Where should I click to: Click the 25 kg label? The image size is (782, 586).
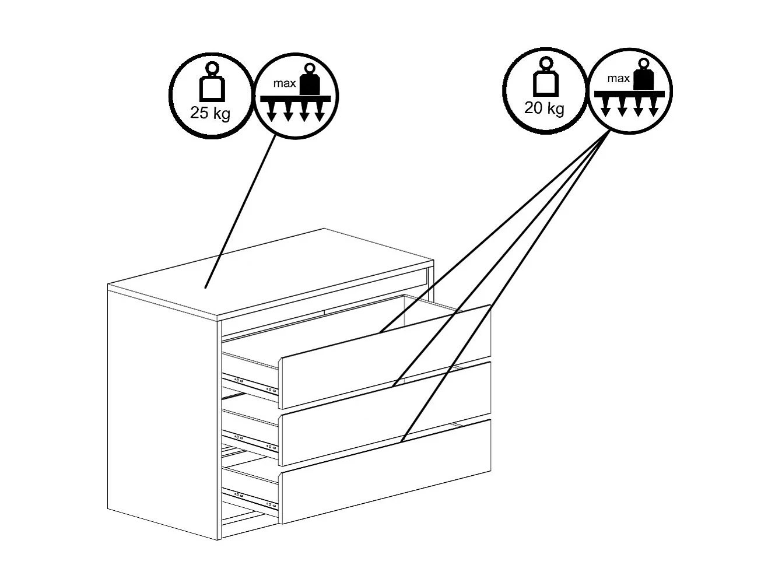tap(210, 113)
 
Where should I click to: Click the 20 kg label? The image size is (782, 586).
tap(544, 108)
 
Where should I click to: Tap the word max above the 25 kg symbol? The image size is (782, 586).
tap(285, 83)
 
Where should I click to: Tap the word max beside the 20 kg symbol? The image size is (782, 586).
tap(618, 78)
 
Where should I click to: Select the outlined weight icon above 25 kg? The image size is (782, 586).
tap(212, 82)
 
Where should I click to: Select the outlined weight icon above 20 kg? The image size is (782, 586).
tap(545, 77)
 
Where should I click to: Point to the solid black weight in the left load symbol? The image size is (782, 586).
tap(310, 80)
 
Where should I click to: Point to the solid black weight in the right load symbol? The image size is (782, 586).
tap(643, 75)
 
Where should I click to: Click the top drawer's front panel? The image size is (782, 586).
tap(386, 357)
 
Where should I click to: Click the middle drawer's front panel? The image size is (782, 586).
tap(386, 414)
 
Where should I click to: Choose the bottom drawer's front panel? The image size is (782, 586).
tap(386, 472)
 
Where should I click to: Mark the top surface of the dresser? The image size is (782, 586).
tap(271, 273)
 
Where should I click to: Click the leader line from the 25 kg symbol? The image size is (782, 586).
tap(240, 212)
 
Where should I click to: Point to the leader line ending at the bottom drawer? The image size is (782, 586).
tap(505, 286)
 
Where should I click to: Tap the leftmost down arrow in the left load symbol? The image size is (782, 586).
tap(272, 111)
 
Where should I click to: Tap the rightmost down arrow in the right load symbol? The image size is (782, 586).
tap(653, 107)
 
